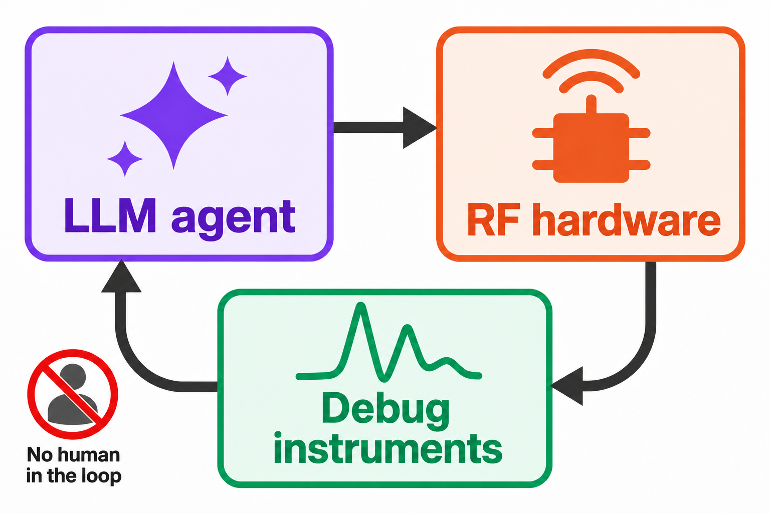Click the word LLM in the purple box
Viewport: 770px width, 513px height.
[110, 216]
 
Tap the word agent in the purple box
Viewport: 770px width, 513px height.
[234, 220]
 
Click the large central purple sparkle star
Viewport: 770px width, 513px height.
[173, 115]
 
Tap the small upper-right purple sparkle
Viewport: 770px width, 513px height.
[228, 76]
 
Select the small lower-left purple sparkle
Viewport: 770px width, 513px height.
[125, 159]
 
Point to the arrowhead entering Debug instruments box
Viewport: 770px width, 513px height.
[567, 386]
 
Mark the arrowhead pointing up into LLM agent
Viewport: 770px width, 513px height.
[121, 276]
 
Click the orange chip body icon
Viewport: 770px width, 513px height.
[591, 148]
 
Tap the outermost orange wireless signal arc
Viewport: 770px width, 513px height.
[591, 54]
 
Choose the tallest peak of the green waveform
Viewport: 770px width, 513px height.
[360, 306]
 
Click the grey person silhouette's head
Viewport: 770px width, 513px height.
[73, 377]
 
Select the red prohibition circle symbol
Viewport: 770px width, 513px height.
[73, 394]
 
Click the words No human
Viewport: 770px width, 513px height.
[73, 455]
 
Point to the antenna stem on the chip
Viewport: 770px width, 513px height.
[591, 104]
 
